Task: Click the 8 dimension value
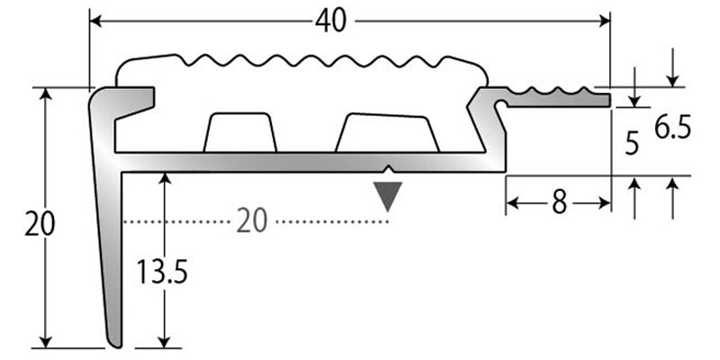click(558, 203)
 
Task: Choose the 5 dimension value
click(632, 141)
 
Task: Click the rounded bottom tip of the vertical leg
click(114, 342)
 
